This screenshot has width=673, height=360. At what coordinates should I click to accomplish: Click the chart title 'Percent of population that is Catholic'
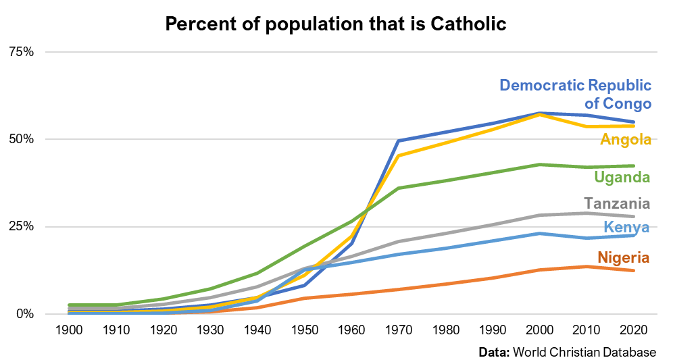pos(336,25)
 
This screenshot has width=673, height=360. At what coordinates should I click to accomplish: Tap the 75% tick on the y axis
pos(20,52)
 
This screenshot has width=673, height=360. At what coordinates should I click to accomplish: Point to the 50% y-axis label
pos(20,139)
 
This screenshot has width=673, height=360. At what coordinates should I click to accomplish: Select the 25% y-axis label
pos(20,226)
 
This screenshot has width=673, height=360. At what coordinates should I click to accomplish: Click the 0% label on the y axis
pos(24,314)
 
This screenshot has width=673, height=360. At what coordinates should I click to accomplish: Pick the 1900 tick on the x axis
pos(70,330)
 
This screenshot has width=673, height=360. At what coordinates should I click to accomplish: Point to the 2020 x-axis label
pos(633,330)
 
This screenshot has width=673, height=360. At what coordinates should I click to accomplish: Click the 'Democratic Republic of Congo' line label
pos(576,95)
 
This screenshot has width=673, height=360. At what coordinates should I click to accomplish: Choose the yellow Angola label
pos(626,140)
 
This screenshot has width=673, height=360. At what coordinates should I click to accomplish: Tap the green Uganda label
pos(622,178)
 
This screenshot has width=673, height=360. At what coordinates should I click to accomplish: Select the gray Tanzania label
pos(617,204)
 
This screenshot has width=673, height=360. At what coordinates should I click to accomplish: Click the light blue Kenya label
pos(626,227)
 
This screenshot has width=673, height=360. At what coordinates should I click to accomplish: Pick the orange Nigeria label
pos(623,257)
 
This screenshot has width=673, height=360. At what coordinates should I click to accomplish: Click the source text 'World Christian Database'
pos(584,353)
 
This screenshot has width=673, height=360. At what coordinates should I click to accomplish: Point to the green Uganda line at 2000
pos(539,164)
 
